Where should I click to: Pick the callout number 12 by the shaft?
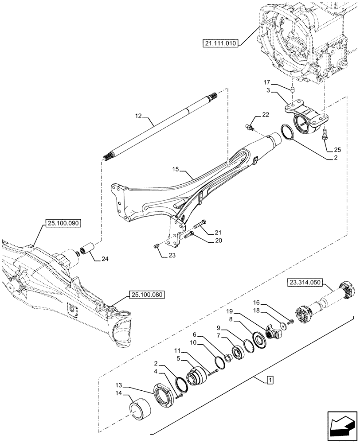[x=138, y=116]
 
